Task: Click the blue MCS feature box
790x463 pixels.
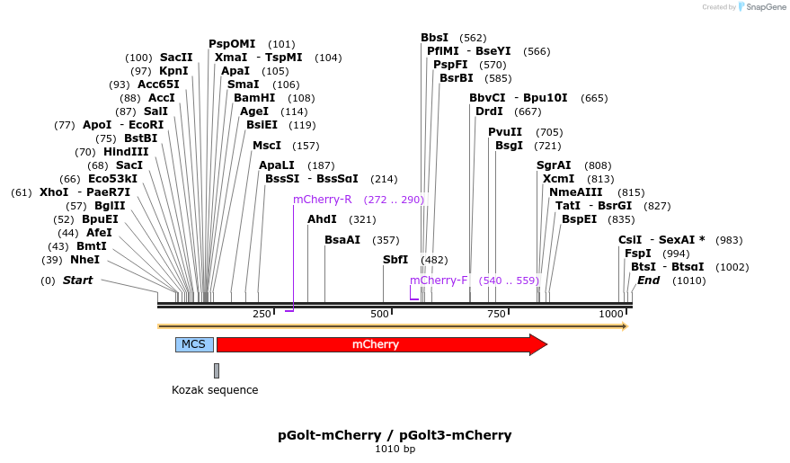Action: (x=194, y=344)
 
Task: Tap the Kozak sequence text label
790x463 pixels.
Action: (x=215, y=390)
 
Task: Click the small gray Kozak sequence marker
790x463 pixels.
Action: (x=217, y=370)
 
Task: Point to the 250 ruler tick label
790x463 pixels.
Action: (x=262, y=314)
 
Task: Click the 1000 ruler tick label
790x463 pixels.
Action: (x=612, y=314)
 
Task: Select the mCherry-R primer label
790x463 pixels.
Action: (x=323, y=200)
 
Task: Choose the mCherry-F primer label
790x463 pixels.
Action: (x=439, y=280)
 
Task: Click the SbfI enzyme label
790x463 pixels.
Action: (x=395, y=260)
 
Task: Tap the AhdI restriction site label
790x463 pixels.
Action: (x=322, y=219)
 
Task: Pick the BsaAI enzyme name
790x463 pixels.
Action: (x=342, y=240)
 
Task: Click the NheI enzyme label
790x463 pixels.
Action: (x=85, y=260)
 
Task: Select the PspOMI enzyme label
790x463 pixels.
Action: (x=232, y=44)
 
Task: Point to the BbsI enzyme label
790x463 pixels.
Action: (x=434, y=38)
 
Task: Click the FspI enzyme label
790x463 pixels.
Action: (x=638, y=254)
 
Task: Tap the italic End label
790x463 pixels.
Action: (x=649, y=280)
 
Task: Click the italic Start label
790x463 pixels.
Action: (x=77, y=280)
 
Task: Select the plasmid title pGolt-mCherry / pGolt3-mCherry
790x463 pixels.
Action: (x=395, y=435)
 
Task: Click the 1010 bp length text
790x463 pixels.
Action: (x=395, y=450)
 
